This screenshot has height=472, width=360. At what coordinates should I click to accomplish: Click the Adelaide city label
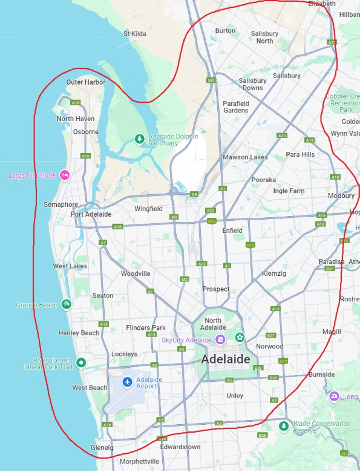[224, 359]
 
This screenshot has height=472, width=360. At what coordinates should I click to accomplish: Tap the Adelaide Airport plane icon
[127, 382]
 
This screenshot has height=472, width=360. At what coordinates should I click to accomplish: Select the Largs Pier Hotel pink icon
[65, 175]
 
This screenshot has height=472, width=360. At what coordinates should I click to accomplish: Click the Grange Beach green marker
[67, 304]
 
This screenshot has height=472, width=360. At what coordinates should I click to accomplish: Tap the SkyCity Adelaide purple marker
[221, 339]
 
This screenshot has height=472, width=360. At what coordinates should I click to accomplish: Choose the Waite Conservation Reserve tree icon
[283, 427]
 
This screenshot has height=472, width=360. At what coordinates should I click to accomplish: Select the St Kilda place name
[134, 34]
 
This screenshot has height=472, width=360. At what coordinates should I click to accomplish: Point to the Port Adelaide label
[91, 214]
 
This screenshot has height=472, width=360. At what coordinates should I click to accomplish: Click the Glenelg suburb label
[102, 447]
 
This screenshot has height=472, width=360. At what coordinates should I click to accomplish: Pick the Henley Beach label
[79, 333]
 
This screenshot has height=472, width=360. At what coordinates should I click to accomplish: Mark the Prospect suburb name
[216, 289]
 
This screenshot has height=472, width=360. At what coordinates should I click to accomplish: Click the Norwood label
[269, 346]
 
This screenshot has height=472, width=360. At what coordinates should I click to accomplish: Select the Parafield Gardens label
[235, 107]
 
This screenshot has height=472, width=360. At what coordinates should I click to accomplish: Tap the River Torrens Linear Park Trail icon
[81, 362]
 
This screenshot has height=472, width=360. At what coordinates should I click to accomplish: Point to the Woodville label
[136, 274]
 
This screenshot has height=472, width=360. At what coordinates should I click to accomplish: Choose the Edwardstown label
[180, 447]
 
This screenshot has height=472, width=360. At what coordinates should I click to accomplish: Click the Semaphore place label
[61, 205]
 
